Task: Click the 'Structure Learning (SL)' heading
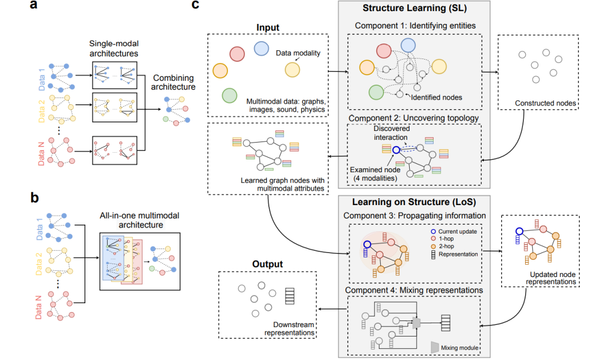415,8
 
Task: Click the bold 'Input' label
268,27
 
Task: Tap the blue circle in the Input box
262,49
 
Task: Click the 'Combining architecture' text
175,82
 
